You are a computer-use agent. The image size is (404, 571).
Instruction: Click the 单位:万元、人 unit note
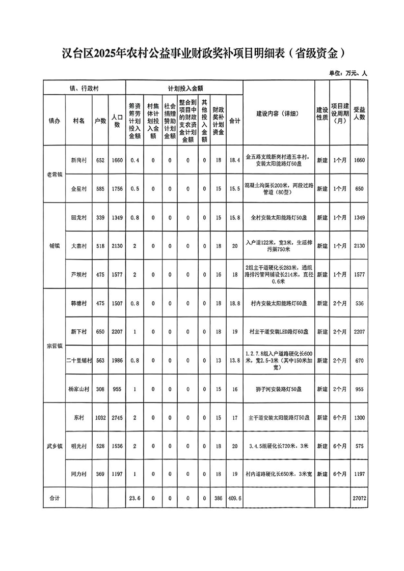point(348,73)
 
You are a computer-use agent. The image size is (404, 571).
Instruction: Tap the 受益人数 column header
point(359,113)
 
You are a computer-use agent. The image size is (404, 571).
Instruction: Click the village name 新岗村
point(79,160)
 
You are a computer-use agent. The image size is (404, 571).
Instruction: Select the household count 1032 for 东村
point(100,418)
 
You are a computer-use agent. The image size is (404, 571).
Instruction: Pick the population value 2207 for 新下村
point(118,332)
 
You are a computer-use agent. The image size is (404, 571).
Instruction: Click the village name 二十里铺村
point(79,360)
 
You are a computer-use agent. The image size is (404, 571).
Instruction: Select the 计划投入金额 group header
point(185,88)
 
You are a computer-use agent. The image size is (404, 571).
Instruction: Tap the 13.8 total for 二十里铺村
point(235,360)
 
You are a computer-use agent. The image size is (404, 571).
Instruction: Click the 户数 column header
point(100,121)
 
